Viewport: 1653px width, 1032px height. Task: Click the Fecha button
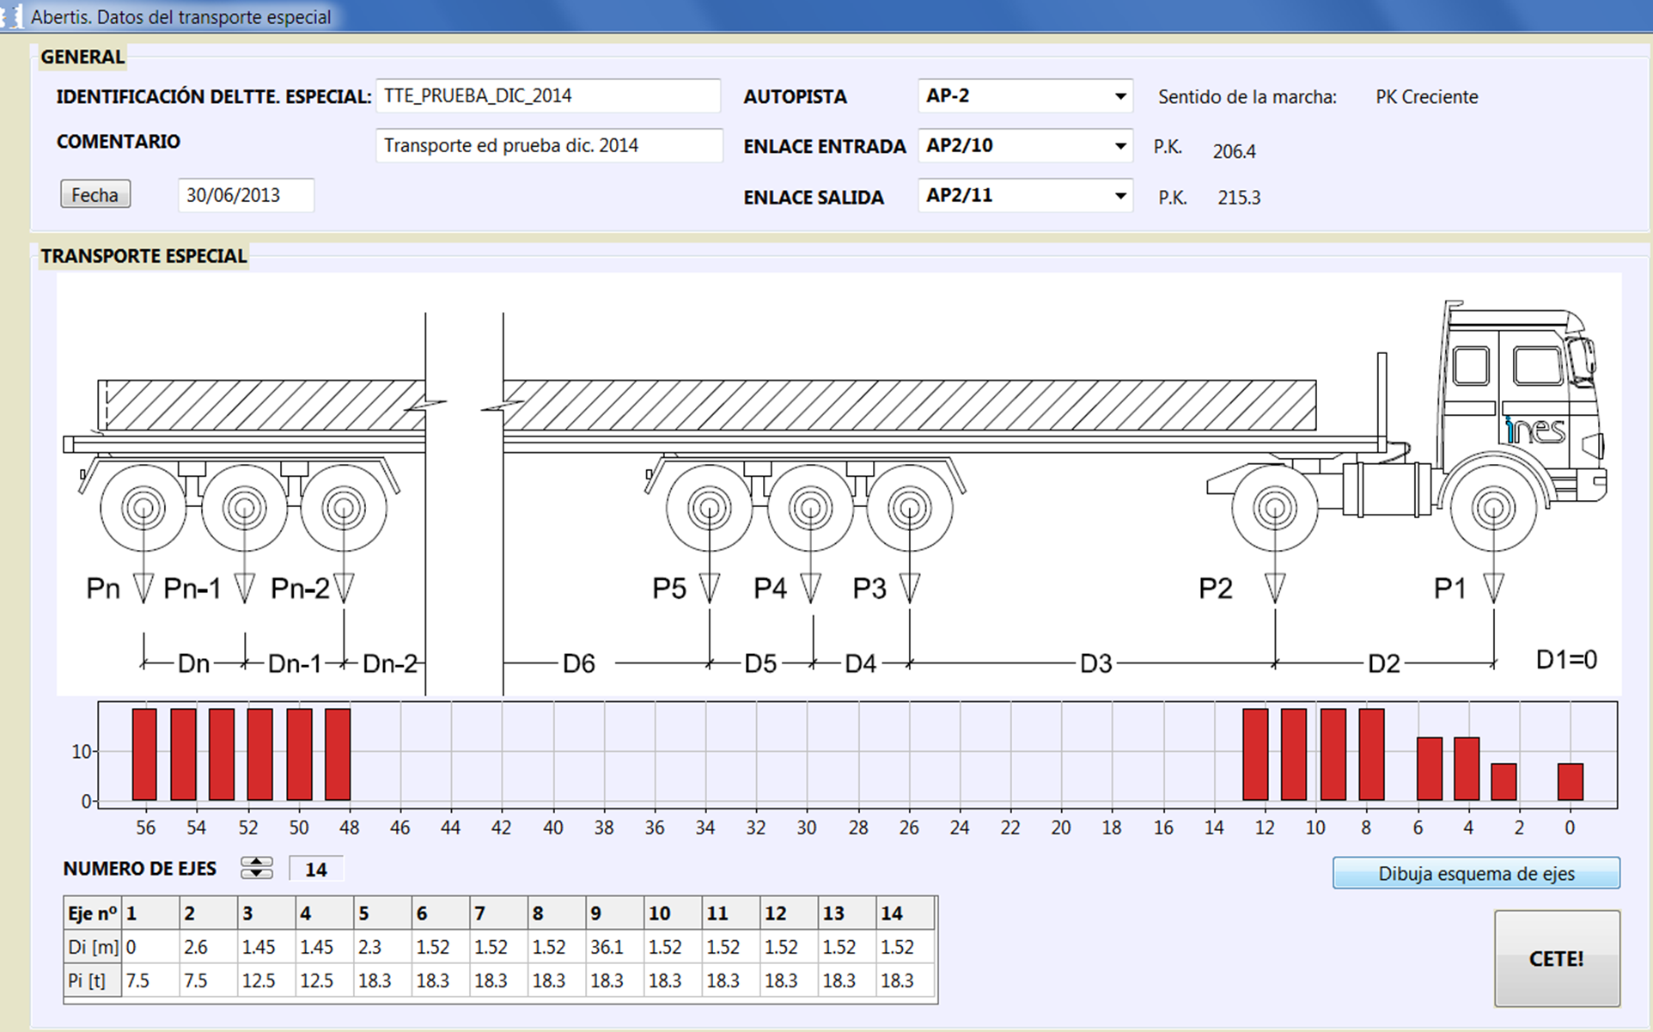click(x=95, y=194)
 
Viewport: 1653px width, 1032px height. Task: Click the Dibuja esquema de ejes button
click(x=1476, y=873)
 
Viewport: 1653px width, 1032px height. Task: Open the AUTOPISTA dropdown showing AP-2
click(x=1025, y=95)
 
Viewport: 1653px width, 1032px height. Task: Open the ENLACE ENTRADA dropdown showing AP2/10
click(x=1025, y=145)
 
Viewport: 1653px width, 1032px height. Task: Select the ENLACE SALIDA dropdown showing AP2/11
click(x=1025, y=195)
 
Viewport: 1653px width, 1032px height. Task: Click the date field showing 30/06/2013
click(x=246, y=195)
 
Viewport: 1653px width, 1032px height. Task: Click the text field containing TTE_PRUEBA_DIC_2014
click(x=548, y=95)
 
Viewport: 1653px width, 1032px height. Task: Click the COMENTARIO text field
click(x=549, y=145)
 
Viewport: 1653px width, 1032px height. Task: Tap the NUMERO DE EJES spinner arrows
click(x=257, y=868)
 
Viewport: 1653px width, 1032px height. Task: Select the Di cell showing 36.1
click(x=614, y=947)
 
